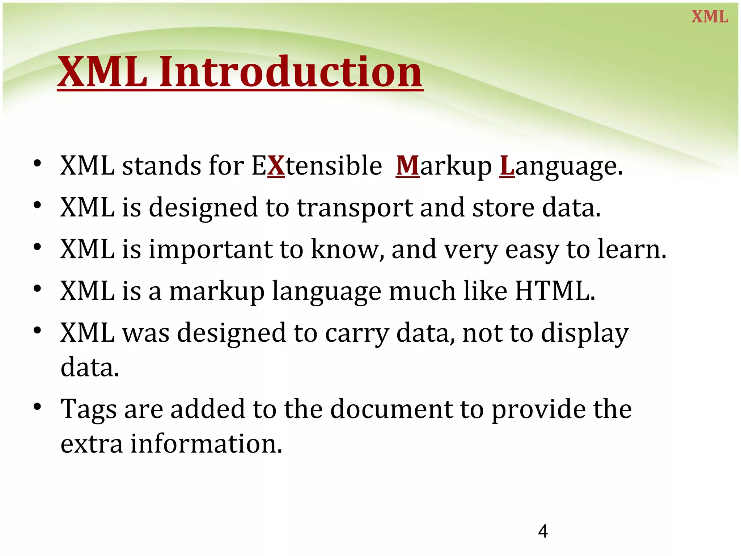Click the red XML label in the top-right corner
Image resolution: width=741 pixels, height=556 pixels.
710,17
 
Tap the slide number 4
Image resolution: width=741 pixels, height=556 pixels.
543,531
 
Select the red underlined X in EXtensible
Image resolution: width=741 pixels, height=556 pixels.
276,166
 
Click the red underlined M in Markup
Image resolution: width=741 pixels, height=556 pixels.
407,166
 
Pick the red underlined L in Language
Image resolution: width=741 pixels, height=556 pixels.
507,166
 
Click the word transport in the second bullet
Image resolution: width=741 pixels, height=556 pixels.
354,208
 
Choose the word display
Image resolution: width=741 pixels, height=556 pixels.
585,333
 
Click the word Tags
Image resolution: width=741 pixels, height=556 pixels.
89,409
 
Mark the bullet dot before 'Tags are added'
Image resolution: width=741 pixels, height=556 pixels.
37,407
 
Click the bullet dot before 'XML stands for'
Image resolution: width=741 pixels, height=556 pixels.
37,164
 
